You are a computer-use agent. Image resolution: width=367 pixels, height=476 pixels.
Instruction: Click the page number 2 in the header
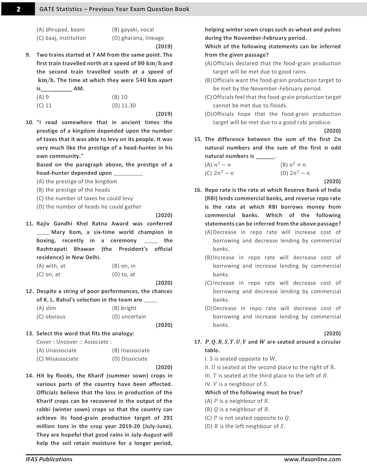pos(18,9)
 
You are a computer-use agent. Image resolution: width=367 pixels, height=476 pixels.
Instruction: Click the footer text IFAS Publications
pos(49,459)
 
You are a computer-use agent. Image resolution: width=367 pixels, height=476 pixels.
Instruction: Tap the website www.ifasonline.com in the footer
pos(312,459)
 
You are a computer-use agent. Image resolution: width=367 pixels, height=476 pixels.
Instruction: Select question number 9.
pos(28,55)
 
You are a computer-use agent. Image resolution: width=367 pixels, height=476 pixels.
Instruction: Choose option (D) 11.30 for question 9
pos(124,105)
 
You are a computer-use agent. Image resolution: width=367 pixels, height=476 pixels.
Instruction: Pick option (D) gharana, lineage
pos(138,38)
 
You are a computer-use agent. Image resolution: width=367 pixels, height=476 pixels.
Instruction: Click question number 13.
pos(29,334)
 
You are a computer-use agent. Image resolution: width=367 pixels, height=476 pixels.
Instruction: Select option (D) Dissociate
pos(130,359)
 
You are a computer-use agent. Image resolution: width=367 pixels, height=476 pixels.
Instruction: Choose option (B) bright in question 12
pos(124,308)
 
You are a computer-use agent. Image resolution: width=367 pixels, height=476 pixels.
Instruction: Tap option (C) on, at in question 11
pos(48,274)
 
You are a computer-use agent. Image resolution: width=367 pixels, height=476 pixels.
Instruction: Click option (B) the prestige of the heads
pos(73,190)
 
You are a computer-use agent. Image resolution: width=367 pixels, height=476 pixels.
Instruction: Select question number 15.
pos(198,139)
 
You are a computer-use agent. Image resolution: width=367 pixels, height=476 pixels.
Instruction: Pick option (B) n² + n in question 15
pos(293,165)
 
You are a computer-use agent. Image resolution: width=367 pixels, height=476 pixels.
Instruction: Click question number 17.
pos(198,342)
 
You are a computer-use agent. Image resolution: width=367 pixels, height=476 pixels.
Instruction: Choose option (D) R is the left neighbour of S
pos(245,426)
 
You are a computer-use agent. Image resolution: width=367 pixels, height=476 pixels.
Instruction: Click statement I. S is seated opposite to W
pos(241,359)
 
